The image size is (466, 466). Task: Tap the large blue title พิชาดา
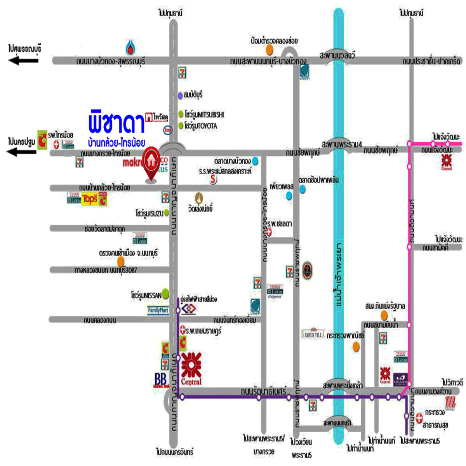116,122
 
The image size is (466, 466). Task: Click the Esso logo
168,130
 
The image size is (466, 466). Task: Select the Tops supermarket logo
90,200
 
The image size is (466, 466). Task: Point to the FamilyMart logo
158,310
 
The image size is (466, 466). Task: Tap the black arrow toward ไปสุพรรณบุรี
24,60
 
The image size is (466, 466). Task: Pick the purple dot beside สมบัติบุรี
180,95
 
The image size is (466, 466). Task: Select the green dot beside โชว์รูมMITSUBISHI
181,114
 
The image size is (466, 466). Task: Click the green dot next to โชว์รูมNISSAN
166,294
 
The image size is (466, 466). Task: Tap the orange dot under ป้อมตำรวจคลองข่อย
269,50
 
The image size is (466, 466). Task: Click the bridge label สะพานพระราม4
341,144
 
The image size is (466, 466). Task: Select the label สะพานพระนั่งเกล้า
343,385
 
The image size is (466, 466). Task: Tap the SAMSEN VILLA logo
313,334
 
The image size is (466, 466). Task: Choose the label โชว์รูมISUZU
150,213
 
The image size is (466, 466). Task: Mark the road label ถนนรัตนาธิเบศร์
263,391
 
